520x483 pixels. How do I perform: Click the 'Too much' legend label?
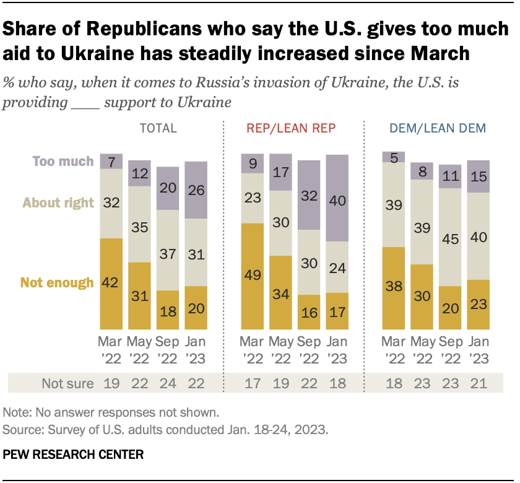[63, 161]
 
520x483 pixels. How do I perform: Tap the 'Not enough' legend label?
[57, 283]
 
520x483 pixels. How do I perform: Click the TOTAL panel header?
[158, 129]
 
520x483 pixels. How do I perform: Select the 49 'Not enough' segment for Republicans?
[253, 276]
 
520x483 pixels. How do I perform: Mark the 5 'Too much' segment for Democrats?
[393, 157]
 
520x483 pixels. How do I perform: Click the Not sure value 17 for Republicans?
[253, 383]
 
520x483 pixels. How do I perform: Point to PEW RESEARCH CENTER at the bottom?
[73, 455]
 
